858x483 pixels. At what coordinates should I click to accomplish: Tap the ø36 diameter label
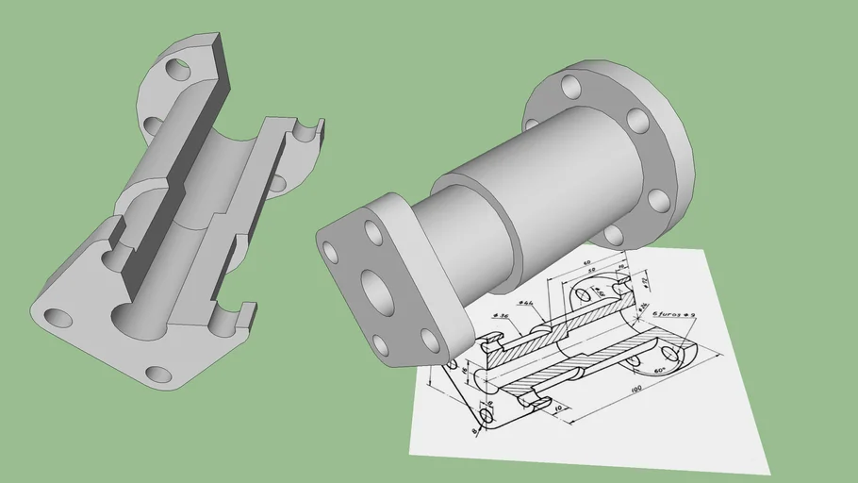(x=501, y=316)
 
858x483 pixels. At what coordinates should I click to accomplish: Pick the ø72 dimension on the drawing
(x=645, y=280)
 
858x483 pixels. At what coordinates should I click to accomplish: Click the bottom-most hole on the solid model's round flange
(x=616, y=234)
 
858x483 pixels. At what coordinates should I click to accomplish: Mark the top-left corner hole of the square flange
(x=331, y=252)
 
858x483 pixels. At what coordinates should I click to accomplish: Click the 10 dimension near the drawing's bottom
(x=559, y=408)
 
